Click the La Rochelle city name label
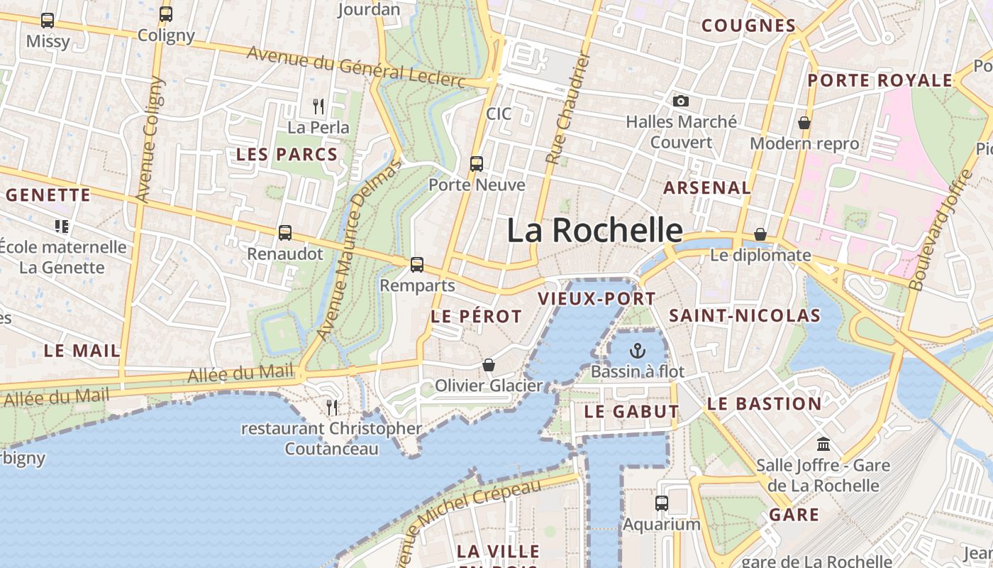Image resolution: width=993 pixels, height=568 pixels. click(595, 231)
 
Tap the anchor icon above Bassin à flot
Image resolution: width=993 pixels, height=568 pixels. click(638, 351)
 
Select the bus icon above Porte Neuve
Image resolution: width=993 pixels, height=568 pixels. click(477, 164)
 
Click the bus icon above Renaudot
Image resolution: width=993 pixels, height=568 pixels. click(285, 232)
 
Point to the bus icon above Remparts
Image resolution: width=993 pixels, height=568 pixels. click(417, 265)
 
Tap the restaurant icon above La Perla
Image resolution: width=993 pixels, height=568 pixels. click(318, 106)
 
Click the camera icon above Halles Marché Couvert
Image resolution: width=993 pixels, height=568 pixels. click(681, 102)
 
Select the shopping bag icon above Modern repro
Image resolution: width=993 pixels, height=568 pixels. click(804, 123)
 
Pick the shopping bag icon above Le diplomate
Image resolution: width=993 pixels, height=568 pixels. click(760, 234)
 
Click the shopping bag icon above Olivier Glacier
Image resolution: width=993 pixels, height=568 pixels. click(489, 365)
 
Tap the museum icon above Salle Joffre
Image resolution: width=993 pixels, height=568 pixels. click(823, 444)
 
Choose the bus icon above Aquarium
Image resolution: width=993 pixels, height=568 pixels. click(662, 503)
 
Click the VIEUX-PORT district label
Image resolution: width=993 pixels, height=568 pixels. click(597, 298)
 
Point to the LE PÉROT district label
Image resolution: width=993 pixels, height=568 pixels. click(476, 317)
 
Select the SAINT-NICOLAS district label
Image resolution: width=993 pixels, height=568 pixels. click(745, 315)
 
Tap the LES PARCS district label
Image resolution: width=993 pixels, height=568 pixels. click(287, 154)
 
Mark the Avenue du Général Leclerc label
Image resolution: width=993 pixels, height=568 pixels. click(355, 69)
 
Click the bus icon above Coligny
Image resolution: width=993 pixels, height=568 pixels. click(166, 14)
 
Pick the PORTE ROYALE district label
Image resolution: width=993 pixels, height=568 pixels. click(880, 80)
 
